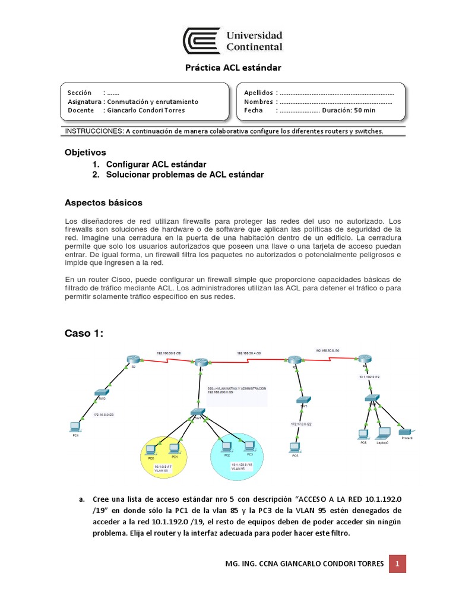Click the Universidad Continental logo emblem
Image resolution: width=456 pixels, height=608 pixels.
tap(201, 40)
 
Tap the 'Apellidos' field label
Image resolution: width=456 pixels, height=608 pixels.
tap(258, 93)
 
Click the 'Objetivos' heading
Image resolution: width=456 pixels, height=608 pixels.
tap(85, 153)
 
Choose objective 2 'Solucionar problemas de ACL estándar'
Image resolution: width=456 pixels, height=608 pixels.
tap(185, 175)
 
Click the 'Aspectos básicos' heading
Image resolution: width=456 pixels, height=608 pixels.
tap(103, 202)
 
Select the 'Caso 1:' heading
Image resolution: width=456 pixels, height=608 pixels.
tap(84, 334)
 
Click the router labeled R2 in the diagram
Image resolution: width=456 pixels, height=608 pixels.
tap(131, 359)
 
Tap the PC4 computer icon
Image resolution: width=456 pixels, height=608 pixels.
tap(75, 426)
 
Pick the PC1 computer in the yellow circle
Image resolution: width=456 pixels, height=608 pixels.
tap(174, 448)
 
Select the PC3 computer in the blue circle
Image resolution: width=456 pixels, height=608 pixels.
tap(242, 446)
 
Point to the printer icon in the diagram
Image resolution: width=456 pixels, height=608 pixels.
tap(406, 432)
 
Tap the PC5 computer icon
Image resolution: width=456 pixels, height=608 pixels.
tap(293, 447)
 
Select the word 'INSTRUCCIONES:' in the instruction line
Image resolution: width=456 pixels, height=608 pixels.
tap(93, 131)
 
